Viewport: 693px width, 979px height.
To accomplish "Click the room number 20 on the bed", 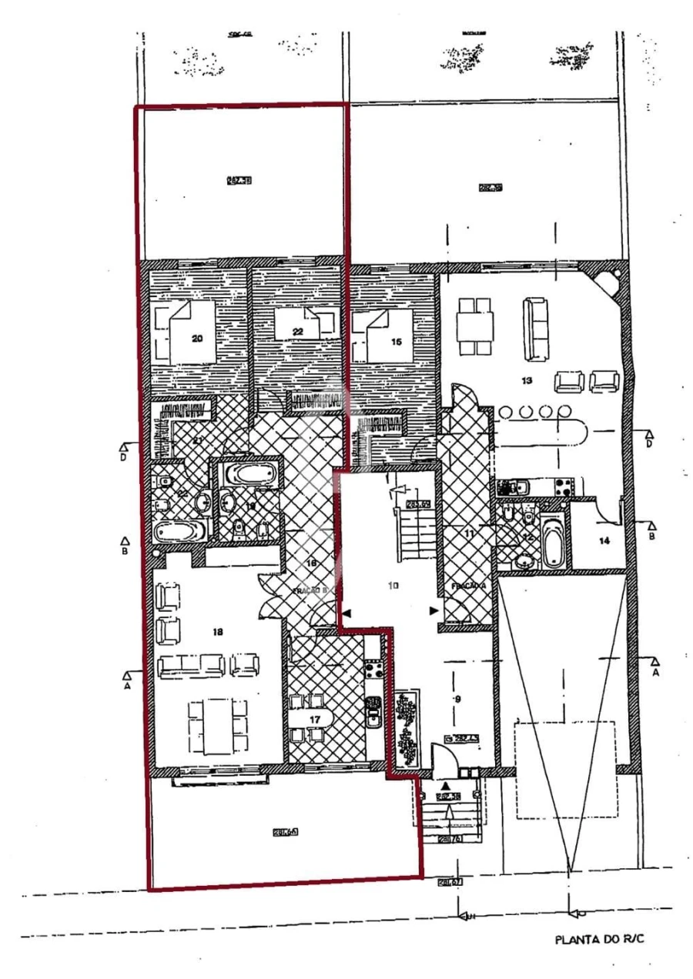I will point(197,337).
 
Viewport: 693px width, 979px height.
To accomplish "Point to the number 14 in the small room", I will point(604,541).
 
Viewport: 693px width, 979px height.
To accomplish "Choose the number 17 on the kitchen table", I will point(315,719).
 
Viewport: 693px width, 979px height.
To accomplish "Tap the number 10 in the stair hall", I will point(393,586).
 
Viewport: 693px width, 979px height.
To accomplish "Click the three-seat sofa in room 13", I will point(537,329).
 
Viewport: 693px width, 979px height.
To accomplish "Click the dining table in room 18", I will point(218,727).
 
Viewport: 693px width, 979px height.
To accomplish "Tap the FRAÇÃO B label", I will point(310,591).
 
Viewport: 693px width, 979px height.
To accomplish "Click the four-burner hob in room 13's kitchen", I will point(560,486).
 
